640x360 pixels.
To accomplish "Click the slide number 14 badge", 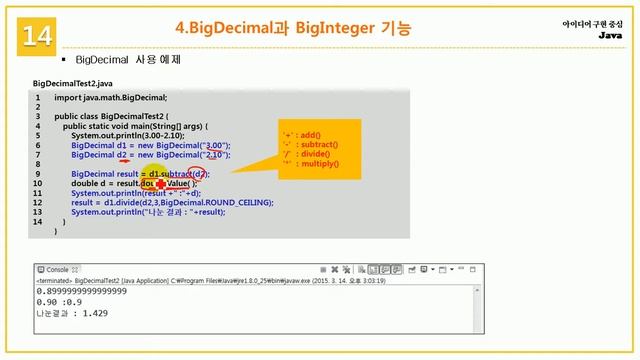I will click(x=36, y=36).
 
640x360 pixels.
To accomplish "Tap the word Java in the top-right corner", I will click(x=609, y=35).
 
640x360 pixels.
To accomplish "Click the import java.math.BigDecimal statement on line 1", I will click(x=110, y=98).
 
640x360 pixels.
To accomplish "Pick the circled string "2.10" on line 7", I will click(x=212, y=155).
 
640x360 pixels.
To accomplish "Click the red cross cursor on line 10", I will click(x=160, y=184).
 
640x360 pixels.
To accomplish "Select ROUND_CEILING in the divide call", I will click(x=240, y=202).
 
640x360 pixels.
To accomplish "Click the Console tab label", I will click(x=57, y=270).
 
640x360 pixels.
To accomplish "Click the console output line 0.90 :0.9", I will click(x=58, y=301).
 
